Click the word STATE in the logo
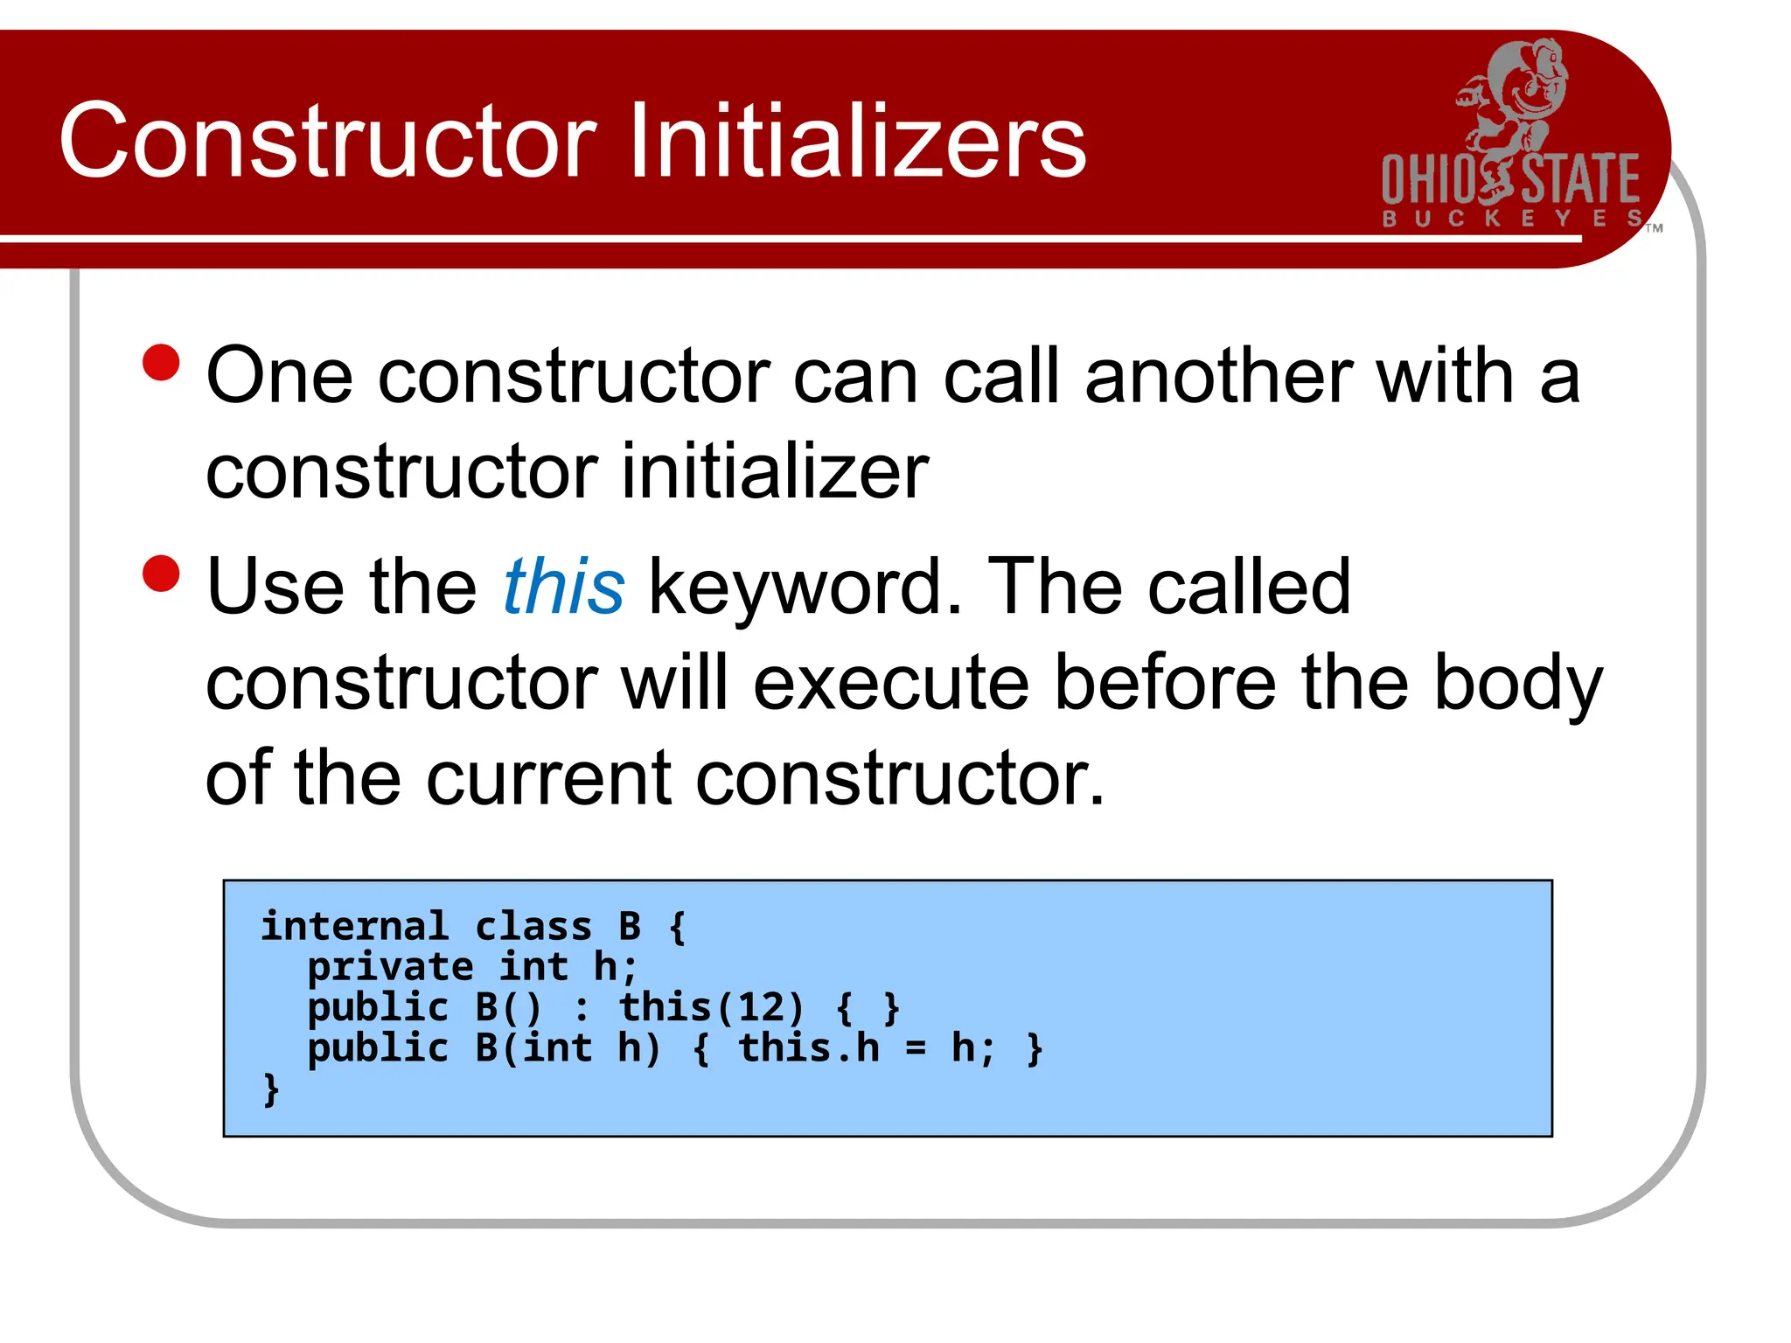pyautogui.click(x=1581, y=180)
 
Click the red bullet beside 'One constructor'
pyautogui.click(x=161, y=363)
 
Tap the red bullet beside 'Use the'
pyautogui.click(x=161, y=574)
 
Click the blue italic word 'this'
pyautogui.click(x=564, y=588)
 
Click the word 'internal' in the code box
pyautogui.click(x=354, y=927)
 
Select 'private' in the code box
pyautogui.click(x=390, y=967)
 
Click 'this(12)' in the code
pyautogui.click(x=710, y=1007)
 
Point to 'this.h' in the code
pyautogui.click(x=809, y=1047)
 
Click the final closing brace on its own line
pyautogui.click(x=272, y=1089)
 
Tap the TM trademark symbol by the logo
pyautogui.click(x=1654, y=228)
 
